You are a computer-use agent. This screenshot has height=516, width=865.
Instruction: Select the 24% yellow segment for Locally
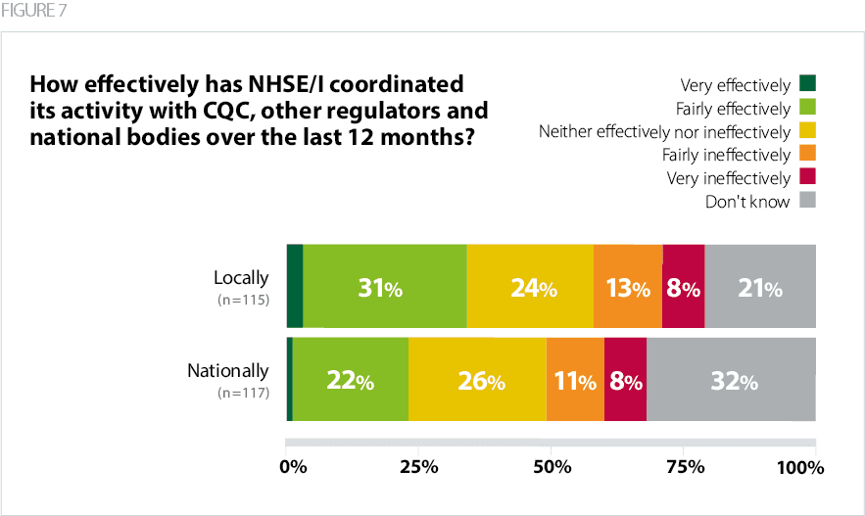[530, 286]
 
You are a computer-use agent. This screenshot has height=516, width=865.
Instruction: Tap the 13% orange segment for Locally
[628, 286]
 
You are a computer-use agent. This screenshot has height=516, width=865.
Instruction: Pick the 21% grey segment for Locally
[759, 286]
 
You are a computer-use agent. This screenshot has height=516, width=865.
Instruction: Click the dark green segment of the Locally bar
[294, 286]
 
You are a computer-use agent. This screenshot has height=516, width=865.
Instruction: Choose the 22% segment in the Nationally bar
[351, 379]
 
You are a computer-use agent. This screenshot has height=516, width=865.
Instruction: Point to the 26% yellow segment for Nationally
[477, 379]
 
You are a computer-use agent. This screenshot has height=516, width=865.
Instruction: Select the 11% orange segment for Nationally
[575, 379]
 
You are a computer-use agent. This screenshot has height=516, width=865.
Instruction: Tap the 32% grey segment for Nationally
[731, 379]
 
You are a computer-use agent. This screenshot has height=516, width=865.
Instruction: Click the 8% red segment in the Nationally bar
[625, 379]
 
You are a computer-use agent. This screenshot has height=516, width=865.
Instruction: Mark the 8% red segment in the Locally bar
[683, 286]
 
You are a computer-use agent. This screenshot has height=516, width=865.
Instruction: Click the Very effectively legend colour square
[808, 84]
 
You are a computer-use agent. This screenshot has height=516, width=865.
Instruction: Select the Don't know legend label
[746, 202]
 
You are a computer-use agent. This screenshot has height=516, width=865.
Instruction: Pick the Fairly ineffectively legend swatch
[808, 155]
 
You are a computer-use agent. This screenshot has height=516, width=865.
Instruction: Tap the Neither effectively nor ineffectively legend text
[664, 131]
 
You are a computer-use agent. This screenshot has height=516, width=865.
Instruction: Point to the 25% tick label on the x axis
[419, 467]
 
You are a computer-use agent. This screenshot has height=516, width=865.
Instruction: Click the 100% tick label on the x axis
[799, 467]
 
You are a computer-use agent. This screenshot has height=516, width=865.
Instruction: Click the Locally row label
[241, 277]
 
